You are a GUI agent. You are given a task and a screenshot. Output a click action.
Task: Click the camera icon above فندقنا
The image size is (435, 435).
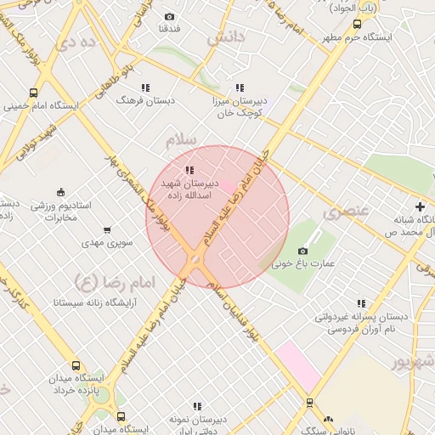169,17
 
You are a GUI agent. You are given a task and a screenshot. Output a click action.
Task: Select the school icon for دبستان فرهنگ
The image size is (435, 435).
146,87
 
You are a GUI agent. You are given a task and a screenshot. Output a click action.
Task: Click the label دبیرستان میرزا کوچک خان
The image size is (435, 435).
240,105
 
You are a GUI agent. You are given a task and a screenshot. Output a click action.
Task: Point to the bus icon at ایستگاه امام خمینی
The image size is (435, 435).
33,93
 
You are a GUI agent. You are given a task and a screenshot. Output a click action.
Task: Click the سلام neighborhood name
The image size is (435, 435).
184,137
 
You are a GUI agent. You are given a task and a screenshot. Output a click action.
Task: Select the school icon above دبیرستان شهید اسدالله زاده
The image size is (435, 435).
189,171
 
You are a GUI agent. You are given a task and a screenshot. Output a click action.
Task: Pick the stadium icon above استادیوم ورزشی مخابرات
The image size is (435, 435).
59,192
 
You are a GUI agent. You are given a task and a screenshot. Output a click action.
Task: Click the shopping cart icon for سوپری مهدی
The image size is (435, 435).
107,229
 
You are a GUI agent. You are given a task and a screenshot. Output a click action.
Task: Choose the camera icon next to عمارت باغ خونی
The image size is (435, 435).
302,251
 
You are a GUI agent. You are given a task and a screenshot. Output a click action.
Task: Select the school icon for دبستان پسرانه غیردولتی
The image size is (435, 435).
361,303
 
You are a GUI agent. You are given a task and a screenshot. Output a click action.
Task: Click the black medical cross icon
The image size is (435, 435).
420,206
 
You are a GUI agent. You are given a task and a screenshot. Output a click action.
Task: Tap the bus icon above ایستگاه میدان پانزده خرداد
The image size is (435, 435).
76,365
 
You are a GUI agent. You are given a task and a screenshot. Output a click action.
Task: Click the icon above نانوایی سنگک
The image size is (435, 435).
309,403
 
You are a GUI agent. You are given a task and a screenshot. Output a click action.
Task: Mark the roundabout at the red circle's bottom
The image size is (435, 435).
196,259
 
